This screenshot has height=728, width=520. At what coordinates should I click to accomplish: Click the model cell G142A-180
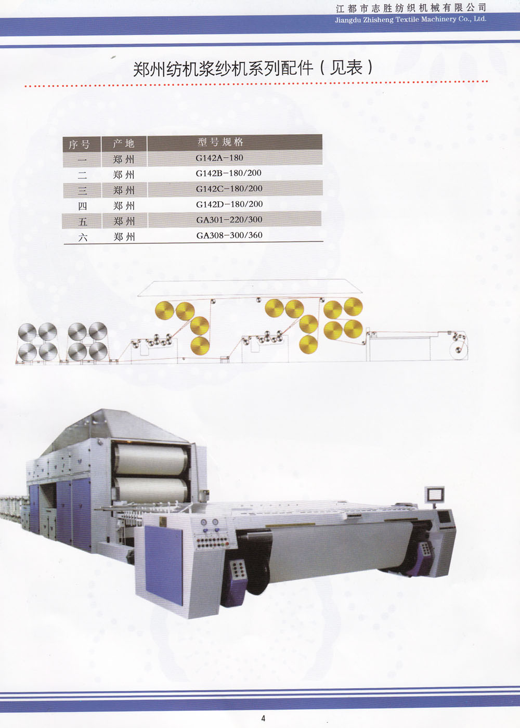[x=219, y=158]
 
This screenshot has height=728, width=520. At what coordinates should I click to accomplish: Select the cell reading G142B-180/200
[x=228, y=173]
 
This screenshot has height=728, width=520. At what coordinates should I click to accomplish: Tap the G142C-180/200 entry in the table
[x=229, y=189]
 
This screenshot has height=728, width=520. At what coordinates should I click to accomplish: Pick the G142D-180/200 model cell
[x=229, y=204]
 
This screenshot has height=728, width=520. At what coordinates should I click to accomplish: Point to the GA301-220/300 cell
[x=229, y=220]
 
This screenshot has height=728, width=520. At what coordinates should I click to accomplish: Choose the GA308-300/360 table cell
[x=229, y=235]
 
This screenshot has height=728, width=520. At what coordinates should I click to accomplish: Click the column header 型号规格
[x=220, y=142]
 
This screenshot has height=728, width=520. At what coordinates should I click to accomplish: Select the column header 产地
[x=124, y=144]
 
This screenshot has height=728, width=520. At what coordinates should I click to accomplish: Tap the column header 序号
[x=79, y=145]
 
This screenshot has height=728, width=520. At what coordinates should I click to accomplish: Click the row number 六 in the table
[x=83, y=238]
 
